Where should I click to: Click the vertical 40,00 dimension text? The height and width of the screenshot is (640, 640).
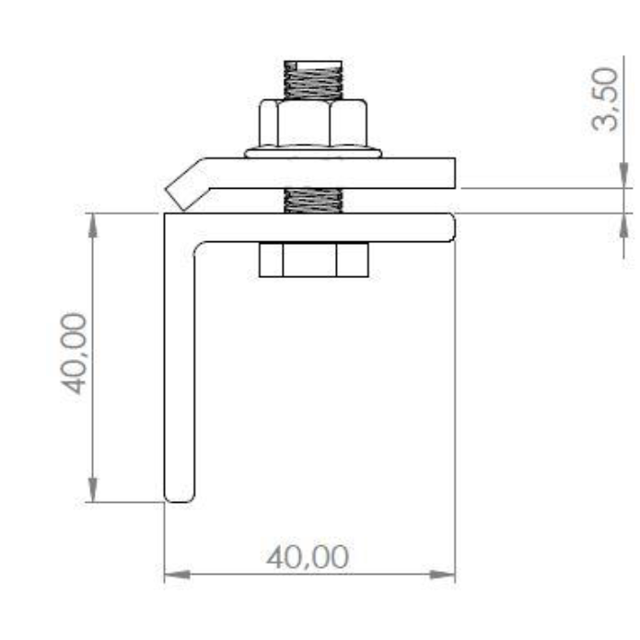point(74,354)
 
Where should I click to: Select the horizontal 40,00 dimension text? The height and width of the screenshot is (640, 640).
point(308,557)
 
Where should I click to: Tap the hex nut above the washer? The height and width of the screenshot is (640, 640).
point(313,122)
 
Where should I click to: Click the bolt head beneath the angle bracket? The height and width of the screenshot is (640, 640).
point(314,260)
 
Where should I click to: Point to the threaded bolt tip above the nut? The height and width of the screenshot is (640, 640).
point(313,80)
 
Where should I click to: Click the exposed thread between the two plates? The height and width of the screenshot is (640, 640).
point(313,201)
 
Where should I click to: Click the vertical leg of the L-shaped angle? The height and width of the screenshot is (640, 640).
point(180,359)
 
